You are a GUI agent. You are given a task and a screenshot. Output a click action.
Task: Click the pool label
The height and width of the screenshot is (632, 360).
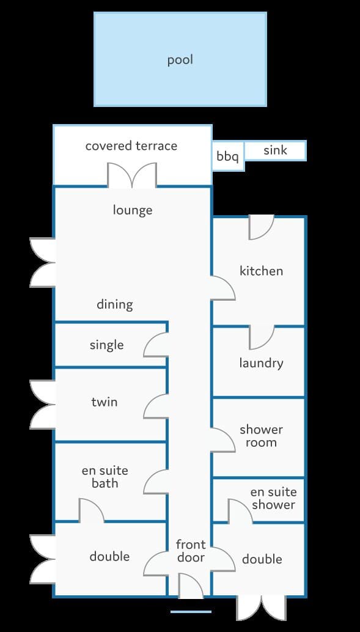click(180, 60)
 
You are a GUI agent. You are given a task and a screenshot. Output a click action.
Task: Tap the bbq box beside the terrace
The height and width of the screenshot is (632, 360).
click(228, 156)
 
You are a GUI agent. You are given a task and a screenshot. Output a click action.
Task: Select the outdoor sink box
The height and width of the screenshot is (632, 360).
click(275, 150)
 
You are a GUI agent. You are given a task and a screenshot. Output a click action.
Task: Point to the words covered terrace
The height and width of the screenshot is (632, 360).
click(131, 145)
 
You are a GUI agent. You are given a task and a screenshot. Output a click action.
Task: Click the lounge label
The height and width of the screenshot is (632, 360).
click(132, 210)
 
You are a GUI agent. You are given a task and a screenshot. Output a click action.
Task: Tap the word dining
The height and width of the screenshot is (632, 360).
click(114, 304)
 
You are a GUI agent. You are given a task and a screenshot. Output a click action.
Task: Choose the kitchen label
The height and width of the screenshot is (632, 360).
click(261, 270)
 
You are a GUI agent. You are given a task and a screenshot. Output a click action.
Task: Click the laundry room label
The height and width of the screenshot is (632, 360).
click(261, 363)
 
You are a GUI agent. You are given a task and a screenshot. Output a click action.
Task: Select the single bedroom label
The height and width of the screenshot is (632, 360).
click(106, 345)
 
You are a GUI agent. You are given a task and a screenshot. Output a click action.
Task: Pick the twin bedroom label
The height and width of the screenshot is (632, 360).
click(105, 402)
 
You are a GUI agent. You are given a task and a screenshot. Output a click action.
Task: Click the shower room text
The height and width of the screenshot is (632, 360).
click(261, 436)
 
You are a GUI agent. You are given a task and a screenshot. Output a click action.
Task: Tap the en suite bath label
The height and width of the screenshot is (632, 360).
click(105, 477)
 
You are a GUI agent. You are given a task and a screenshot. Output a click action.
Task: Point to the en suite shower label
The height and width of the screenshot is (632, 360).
click(273, 498)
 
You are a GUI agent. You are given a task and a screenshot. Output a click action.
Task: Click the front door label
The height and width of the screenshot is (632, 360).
click(191, 551)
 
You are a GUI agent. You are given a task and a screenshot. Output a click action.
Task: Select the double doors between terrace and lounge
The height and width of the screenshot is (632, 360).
click(132, 175)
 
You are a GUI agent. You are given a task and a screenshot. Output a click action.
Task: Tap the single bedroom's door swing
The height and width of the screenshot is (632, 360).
click(156, 345)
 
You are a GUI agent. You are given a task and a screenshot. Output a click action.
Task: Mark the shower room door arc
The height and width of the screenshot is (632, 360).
click(223, 439)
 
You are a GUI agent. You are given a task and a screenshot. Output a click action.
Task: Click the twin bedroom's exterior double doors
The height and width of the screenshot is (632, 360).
click(42, 404)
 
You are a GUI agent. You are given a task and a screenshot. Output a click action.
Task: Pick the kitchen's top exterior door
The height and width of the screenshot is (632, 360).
click(261, 227)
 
